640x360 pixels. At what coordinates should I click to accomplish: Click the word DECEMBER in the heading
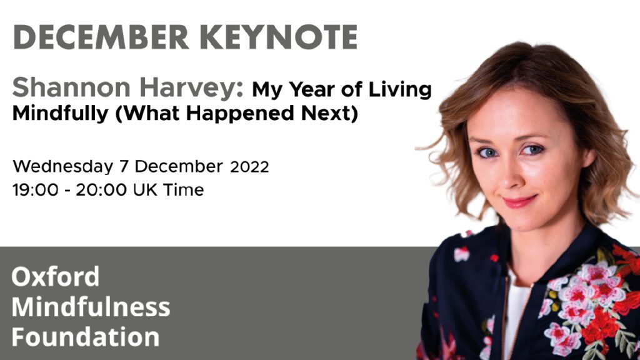point(101,37)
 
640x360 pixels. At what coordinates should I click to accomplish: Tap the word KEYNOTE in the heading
point(279,37)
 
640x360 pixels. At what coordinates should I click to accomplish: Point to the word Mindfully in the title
point(61,113)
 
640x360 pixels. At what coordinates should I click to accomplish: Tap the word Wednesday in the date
point(63,166)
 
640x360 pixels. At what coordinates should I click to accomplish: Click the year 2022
point(249,167)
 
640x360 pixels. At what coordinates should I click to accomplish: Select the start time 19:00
point(35,190)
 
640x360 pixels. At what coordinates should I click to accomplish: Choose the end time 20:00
point(101,190)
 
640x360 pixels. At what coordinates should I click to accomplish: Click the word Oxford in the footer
point(56,276)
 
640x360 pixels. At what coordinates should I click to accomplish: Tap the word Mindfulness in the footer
point(91,307)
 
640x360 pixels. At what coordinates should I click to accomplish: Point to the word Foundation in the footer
point(85,337)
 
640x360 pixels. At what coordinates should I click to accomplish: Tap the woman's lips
point(519,201)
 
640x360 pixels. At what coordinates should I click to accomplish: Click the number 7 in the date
point(124,166)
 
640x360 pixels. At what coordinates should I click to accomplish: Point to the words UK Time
point(169,190)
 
